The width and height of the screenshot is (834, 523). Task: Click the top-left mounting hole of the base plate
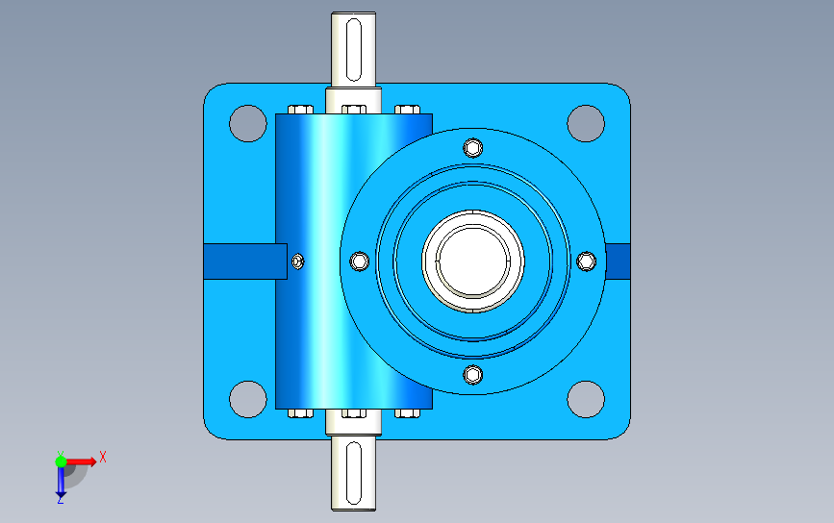coord(248,123)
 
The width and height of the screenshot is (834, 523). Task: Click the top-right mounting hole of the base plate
coord(586,123)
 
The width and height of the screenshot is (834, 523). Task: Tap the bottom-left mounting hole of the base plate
coord(248,399)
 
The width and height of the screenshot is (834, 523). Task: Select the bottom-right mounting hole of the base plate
coord(586,399)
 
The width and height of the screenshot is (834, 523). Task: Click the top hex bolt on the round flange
coord(473,148)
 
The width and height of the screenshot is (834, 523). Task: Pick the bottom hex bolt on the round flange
coord(473,375)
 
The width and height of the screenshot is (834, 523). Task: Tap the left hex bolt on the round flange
coord(360,261)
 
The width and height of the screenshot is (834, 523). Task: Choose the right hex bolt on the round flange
coord(586,261)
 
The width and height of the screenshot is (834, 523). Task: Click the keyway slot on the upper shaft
coord(354,49)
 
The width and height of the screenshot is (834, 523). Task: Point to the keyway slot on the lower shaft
coord(354,472)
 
